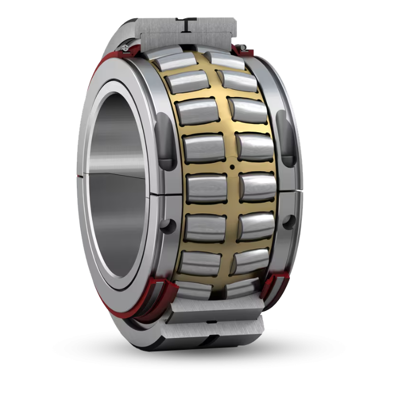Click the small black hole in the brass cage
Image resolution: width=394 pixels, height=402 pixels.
pos(232,166)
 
